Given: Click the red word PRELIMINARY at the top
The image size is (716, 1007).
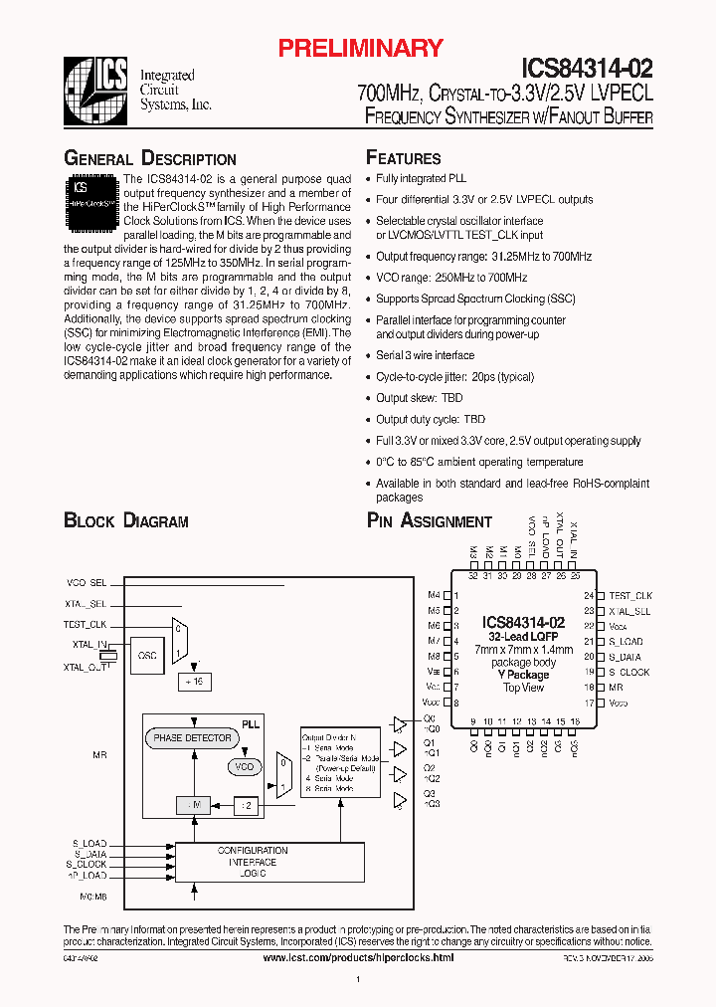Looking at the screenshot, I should click(359, 48).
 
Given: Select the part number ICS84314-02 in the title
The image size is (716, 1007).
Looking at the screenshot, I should click(587, 69).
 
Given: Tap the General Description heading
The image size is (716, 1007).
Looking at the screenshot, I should click(150, 159).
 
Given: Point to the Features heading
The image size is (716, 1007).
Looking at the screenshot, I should click(404, 158).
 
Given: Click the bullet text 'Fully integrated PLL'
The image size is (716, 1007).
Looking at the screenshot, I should click(421, 179).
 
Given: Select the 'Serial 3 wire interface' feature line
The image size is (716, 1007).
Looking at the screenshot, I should click(425, 355).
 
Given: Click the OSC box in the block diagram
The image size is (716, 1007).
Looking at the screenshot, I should click(146, 655).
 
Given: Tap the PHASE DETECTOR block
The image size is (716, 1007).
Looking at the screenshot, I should click(192, 738).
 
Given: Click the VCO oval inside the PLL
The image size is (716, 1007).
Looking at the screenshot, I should click(243, 767).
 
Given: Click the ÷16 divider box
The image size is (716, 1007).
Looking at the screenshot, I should click(193, 682).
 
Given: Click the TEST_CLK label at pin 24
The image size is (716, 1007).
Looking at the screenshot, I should click(630, 595).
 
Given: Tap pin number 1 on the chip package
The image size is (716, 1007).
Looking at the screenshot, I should click(454, 595).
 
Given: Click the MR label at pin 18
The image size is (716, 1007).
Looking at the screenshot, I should click(616, 688).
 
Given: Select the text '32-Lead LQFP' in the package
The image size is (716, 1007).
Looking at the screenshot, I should click(523, 637).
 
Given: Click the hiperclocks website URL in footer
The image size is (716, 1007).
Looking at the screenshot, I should click(358, 957).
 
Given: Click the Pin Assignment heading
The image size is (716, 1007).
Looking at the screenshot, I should click(430, 521).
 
